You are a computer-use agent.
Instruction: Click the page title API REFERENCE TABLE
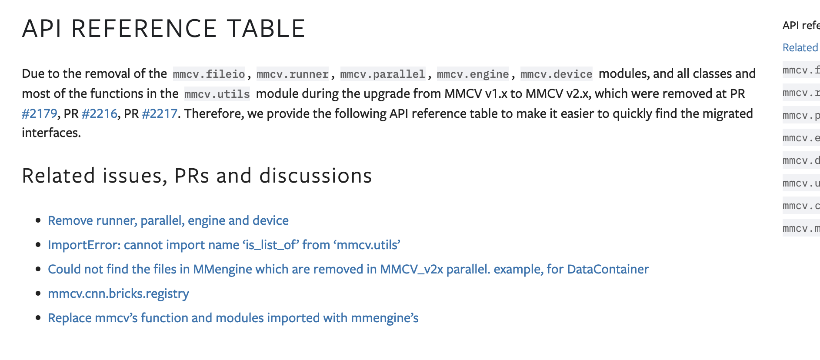tap(163, 29)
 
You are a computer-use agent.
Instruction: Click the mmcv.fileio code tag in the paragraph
tap(209, 74)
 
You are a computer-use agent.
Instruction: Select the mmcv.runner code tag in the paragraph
tap(293, 74)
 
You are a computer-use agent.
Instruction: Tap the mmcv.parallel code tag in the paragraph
tap(383, 74)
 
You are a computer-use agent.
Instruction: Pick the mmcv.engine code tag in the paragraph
tap(473, 74)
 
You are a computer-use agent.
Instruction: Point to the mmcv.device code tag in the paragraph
tap(556, 74)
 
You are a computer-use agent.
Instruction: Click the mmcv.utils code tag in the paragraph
tap(217, 94)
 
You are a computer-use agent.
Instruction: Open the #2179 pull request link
tap(39, 113)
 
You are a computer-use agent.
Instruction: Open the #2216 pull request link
tap(100, 113)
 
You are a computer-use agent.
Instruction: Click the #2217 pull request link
tap(160, 113)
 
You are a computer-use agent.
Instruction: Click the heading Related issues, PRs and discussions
tap(197, 176)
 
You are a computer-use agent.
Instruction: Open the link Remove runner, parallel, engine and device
tap(168, 220)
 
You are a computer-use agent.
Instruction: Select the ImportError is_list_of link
tap(224, 245)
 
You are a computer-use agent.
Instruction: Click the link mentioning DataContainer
tap(348, 269)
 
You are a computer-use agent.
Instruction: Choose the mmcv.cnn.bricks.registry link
tap(118, 293)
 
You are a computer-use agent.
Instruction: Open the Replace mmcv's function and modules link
tap(233, 318)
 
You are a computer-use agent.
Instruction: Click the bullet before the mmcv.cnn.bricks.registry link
tap(39, 294)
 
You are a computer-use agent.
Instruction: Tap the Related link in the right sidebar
tap(800, 47)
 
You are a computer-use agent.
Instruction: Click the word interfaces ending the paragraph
tap(51, 133)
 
